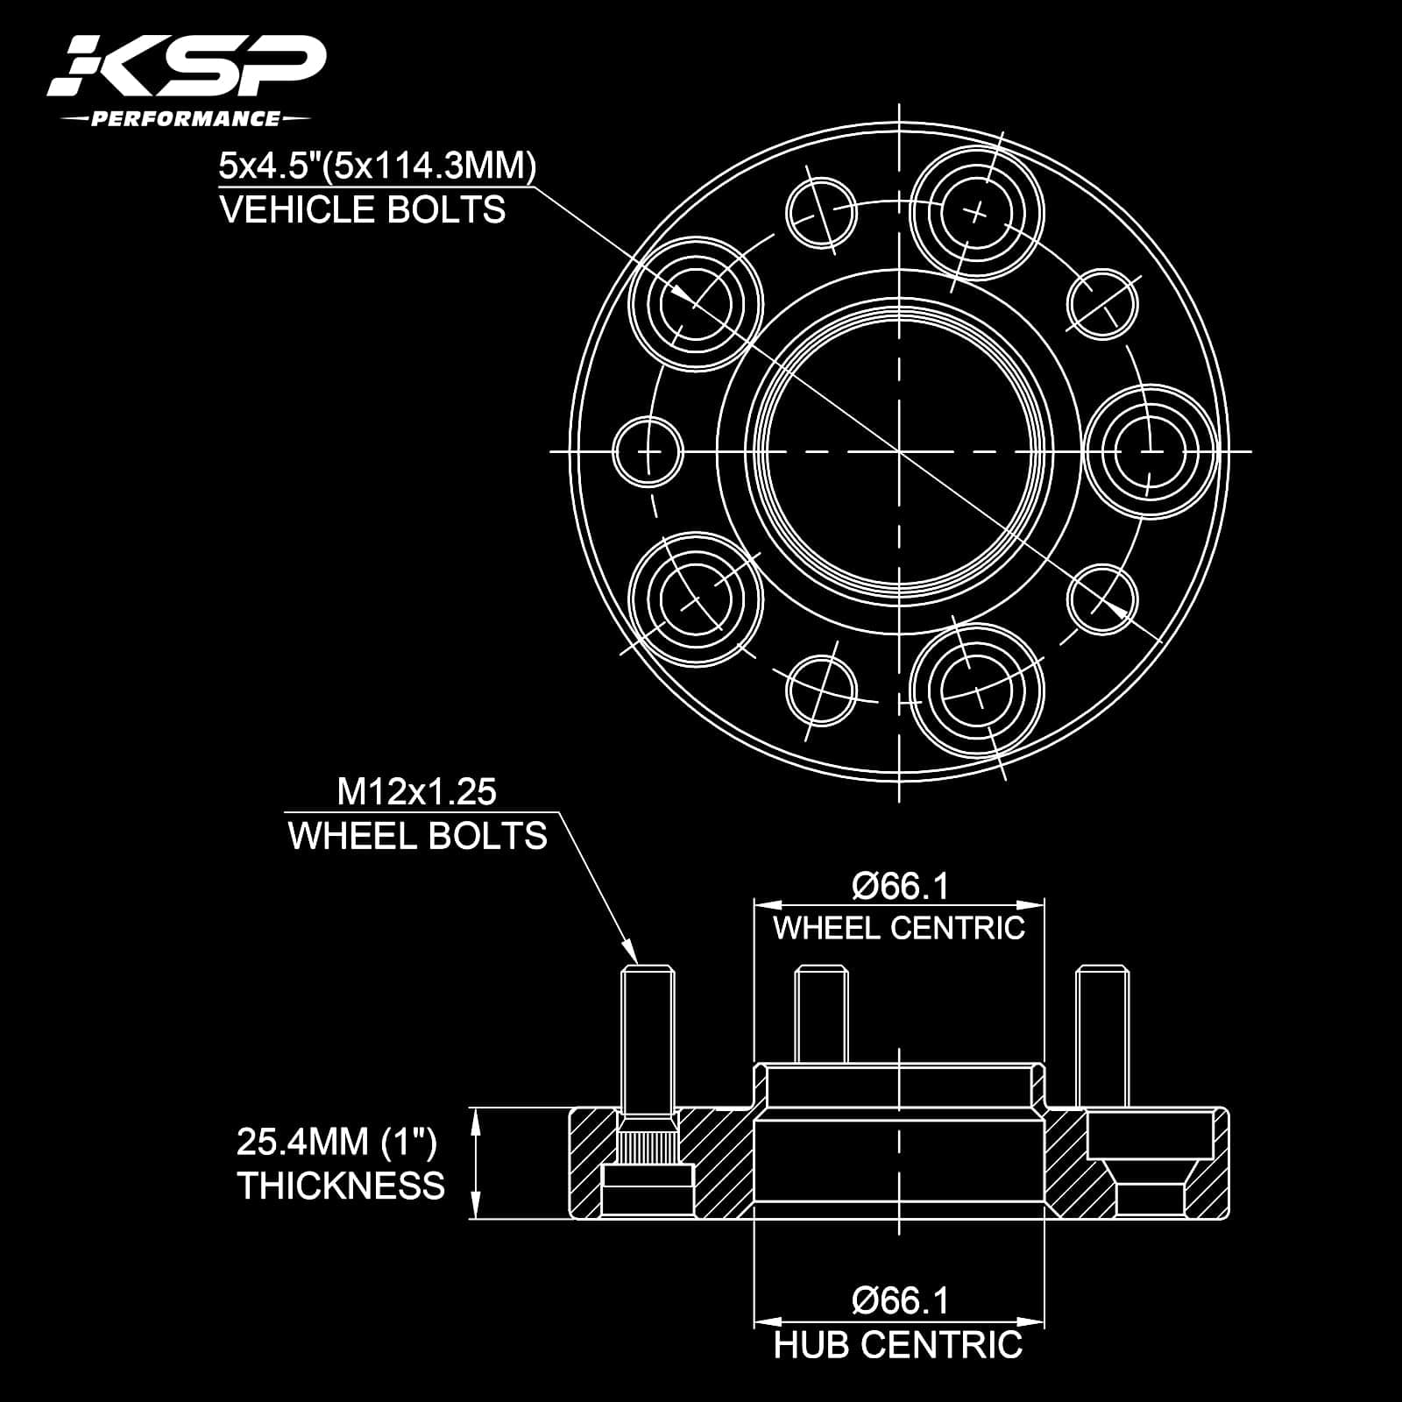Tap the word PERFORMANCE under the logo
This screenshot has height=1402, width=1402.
click(x=185, y=118)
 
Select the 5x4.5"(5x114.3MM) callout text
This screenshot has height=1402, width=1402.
click(x=377, y=166)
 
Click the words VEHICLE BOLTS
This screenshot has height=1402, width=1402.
click(x=363, y=210)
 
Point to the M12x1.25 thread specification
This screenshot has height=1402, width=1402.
click(x=417, y=792)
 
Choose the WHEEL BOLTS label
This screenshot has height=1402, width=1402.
click(x=417, y=837)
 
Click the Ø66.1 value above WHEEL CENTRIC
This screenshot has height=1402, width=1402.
click(x=900, y=887)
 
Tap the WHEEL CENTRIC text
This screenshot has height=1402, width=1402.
click(x=899, y=928)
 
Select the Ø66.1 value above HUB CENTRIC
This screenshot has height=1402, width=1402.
click(x=900, y=1300)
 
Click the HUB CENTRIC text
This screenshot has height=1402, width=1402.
click(x=898, y=1345)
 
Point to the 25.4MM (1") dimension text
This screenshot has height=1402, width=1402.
click(x=336, y=1142)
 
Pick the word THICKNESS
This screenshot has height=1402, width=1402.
click(x=341, y=1186)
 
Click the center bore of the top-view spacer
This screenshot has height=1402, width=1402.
click(x=899, y=451)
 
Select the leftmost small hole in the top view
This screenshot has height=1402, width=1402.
click(x=648, y=452)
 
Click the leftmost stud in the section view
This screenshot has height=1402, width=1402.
click(x=648, y=1034)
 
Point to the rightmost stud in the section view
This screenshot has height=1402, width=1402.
click(x=1102, y=1034)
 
